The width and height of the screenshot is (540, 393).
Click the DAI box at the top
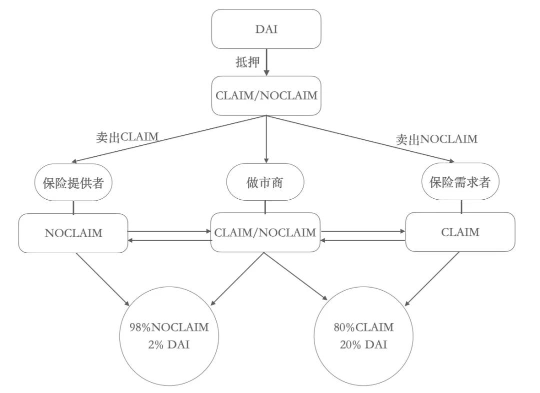[x=266, y=29]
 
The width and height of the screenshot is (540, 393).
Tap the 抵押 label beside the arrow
[x=248, y=62]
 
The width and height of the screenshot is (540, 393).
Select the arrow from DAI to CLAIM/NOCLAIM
[x=266, y=62]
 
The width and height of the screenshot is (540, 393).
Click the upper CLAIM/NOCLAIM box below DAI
[x=266, y=95]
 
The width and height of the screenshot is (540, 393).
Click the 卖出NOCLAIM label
[x=436, y=139]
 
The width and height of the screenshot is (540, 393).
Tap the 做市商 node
[x=265, y=183]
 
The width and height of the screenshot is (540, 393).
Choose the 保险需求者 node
[x=460, y=182]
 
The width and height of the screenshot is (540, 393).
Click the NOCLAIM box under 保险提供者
[x=73, y=233]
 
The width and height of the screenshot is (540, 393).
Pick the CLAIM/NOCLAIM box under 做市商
[x=265, y=232]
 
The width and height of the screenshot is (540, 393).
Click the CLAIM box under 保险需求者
[x=460, y=232]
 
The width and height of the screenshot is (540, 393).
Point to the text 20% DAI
[x=363, y=345]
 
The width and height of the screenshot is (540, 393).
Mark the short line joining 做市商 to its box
[x=265, y=206]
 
